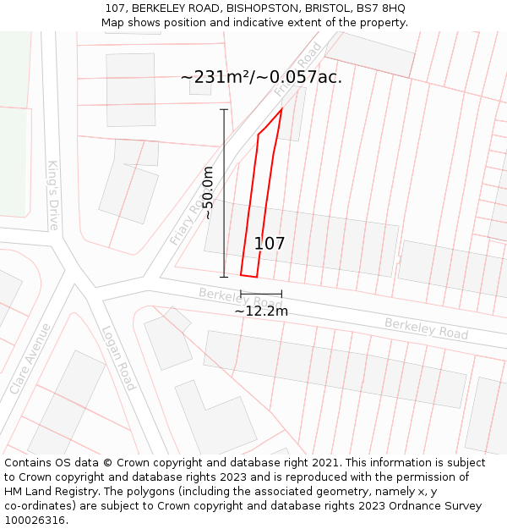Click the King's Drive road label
[52, 196]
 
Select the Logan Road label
[118, 358]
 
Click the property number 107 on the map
[270, 244]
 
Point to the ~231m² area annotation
[261, 77]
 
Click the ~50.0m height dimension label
[208, 193]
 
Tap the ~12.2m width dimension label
[261, 311]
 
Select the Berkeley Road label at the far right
[426, 328]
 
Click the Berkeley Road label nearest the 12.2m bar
[241, 299]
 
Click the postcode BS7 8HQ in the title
[378, 8]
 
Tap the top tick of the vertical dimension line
[224, 109]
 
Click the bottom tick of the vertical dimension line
[224, 277]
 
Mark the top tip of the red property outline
[281, 109]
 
